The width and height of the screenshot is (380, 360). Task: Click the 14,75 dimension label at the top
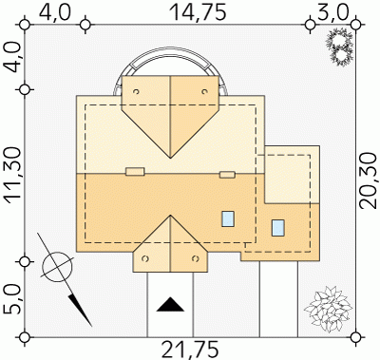coord(199,12)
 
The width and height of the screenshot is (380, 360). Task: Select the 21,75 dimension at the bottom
coord(190,350)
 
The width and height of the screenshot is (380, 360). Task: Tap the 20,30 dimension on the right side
coord(370,180)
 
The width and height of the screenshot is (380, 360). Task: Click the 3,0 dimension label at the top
coord(332,13)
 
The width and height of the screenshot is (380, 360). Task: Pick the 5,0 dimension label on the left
coord(12,299)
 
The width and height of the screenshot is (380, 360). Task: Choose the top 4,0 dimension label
coord(55,13)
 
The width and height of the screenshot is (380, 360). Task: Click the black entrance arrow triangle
coord(171,304)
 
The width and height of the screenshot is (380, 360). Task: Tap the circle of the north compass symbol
coord(59,267)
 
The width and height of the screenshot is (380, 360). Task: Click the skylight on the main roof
coord(228,218)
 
